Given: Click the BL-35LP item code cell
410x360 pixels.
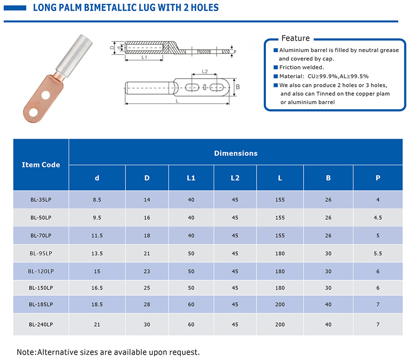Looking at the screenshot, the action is [41, 200].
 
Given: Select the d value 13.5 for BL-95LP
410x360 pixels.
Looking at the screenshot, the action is [97, 253].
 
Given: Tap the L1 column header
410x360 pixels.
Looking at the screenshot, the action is [191, 178].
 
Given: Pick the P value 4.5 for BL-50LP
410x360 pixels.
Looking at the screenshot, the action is [378, 217].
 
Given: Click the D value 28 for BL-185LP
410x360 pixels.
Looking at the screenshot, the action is [147, 304].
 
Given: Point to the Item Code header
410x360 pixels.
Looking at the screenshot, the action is [41, 165].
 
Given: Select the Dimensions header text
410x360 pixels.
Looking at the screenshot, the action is [236, 153].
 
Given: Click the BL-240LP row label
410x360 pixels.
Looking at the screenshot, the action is [41, 325].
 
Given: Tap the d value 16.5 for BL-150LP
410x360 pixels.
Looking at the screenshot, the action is [97, 288].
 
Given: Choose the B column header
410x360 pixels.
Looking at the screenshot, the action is [328, 178].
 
